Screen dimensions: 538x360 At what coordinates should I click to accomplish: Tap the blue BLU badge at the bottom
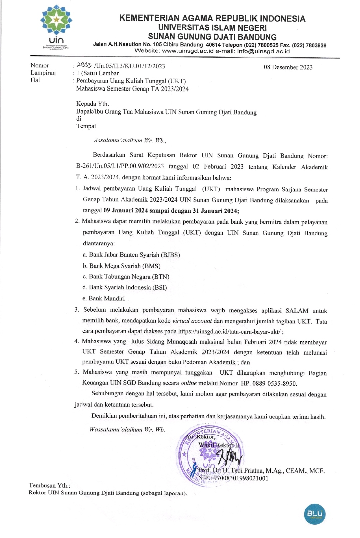(314, 514)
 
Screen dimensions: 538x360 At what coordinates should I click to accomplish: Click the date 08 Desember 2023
(288, 67)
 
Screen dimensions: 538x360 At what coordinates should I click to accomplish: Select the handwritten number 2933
(84, 65)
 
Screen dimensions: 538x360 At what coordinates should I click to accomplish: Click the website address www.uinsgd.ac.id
(188, 51)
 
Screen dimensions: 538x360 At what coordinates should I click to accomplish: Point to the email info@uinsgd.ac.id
(263, 51)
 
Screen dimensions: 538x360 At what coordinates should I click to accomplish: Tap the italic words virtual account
(192, 321)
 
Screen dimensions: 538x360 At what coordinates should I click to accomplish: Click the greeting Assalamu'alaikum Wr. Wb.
(130, 140)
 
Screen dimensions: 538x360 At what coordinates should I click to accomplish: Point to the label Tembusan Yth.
(49, 485)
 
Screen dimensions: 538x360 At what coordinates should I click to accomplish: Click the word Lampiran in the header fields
(43, 73)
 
